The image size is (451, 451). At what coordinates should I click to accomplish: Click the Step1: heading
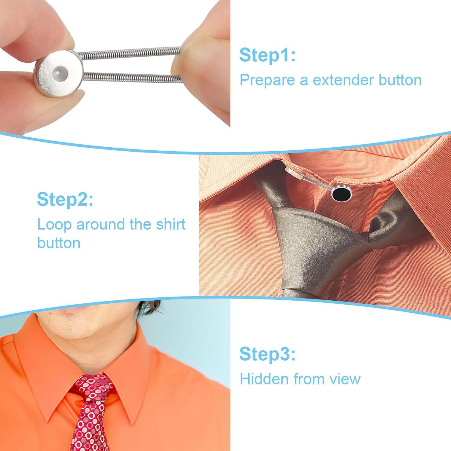point(267,56)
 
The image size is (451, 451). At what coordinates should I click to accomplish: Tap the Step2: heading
point(65,199)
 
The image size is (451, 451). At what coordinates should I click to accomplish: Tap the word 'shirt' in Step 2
point(170,224)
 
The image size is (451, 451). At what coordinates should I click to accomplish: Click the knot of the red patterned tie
point(92,388)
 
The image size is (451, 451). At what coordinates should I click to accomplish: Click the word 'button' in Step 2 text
point(59,243)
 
